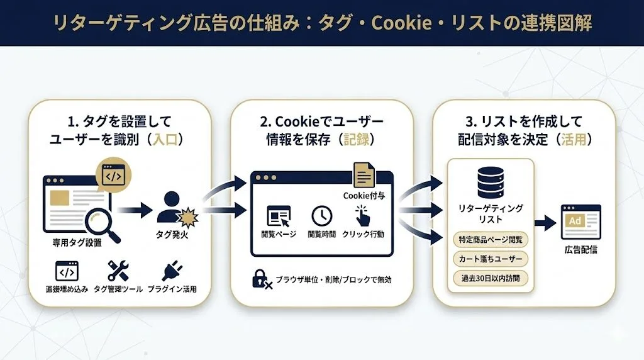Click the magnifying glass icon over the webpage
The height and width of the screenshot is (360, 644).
(x=100, y=223)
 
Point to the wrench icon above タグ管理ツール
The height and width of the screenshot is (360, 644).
(x=118, y=271)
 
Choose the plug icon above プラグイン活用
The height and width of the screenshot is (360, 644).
(x=172, y=271)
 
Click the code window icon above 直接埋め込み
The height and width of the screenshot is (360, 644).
(x=67, y=271)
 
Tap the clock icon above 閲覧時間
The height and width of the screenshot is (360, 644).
(x=322, y=215)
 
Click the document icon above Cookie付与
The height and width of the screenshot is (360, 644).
(x=364, y=174)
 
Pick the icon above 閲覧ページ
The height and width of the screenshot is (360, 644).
(x=278, y=216)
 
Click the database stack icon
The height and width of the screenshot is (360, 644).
(x=491, y=183)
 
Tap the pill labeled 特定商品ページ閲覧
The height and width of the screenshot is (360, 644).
(x=491, y=240)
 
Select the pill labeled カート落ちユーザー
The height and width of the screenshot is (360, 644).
(x=491, y=259)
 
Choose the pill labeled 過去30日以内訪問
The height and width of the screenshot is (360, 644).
(x=491, y=277)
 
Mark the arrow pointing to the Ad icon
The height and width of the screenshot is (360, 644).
(x=546, y=222)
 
